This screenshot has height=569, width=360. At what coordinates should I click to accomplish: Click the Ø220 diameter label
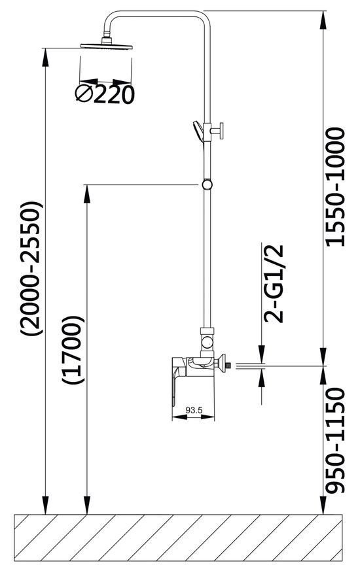[x=105, y=95]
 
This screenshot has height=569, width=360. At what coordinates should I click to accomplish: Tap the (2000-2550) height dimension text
[x=32, y=268]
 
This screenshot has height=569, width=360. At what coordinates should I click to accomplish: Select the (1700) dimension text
[x=73, y=350]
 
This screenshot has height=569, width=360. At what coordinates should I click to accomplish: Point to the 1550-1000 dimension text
[x=335, y=187]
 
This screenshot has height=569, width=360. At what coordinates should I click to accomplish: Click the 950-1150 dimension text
[x=335, y=441]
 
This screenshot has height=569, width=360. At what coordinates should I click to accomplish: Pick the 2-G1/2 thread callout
[x=274, y=284]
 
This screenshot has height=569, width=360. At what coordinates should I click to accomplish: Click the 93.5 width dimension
[x=194, y=411]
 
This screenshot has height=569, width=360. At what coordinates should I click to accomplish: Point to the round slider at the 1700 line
[x=207, y=184]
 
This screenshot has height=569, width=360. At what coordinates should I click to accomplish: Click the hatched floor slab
[x=178, y=536]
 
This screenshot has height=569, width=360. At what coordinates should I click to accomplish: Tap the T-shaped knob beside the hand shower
[x=218, y=131]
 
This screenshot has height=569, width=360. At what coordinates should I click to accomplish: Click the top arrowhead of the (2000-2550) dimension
[x=45, y=57]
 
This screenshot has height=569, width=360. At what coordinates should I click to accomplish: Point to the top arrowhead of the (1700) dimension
[x=87, y=194]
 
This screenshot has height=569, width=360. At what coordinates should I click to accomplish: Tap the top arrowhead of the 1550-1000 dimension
[x=323, y=20]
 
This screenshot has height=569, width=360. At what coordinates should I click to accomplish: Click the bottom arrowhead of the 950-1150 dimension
[x=323, y=505]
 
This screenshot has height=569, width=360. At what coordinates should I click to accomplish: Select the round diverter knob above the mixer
[x=207, y=342]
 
